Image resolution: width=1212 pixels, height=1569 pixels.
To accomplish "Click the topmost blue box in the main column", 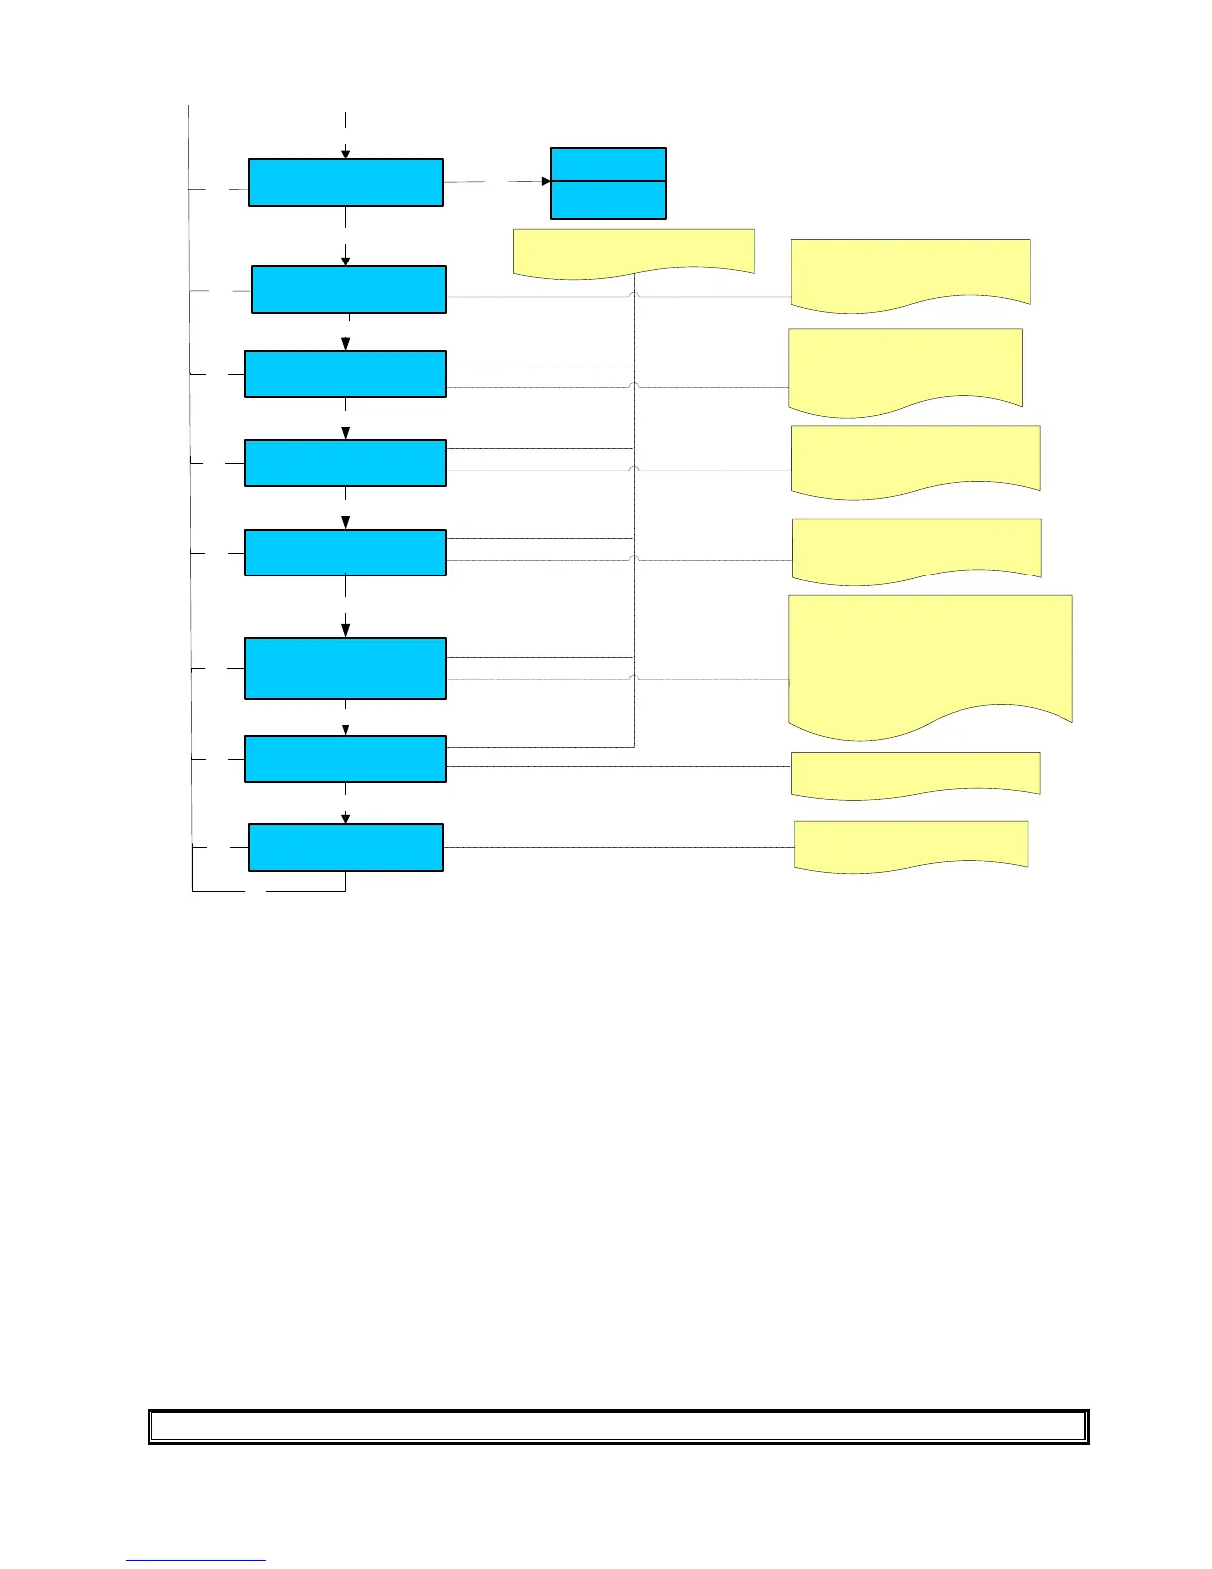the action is coord(345,182).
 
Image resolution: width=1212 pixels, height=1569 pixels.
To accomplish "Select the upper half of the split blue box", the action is coord(608,164).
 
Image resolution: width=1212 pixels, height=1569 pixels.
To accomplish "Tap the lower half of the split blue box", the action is coord(608,199).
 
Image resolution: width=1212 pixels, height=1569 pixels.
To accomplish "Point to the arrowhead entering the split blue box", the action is coord(546,181).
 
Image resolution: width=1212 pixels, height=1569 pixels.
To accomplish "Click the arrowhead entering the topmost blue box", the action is coord(346,154).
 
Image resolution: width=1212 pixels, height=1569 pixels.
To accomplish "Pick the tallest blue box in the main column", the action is coord(345,669).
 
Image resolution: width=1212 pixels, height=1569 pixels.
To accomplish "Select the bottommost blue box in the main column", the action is coord(345,847).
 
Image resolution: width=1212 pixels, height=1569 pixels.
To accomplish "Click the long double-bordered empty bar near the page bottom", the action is coord(618,1426).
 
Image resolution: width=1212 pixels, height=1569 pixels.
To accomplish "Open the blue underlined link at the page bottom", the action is coord(196,1559).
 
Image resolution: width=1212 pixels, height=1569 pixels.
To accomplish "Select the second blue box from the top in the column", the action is coord(349,289).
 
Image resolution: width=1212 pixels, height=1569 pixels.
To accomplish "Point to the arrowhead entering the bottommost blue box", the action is coord(346,818).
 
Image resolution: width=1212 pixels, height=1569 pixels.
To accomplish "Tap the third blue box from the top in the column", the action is coord(345,373).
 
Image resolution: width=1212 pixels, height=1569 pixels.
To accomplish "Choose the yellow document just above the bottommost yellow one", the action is coord(915,772).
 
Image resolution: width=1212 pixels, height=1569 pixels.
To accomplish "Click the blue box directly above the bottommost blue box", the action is coord(345,759).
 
